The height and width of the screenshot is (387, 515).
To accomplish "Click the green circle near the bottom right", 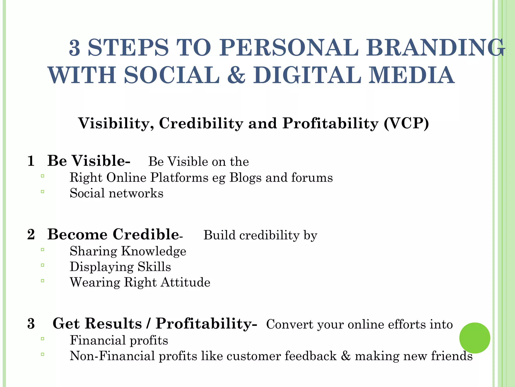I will (x=475, y=338).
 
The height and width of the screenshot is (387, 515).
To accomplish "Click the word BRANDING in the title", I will (x=435, y=48).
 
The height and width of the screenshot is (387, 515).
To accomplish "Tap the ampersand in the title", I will (x=236, y=75).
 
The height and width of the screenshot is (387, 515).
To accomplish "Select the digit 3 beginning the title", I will (x=74, y=48).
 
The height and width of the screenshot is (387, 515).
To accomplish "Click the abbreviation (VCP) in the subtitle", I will (x=406, y=123).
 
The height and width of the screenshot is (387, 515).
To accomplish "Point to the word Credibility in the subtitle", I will (x=201, y=123).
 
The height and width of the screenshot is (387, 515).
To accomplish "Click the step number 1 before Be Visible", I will (x=31, y=161).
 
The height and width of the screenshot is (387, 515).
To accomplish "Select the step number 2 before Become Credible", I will (x=31, y=235).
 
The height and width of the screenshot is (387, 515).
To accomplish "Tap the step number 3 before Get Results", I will (x=31, y=324).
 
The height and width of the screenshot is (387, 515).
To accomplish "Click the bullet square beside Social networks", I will (x=42, y=191).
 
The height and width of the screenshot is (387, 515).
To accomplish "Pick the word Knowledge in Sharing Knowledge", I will (x=154, y=251).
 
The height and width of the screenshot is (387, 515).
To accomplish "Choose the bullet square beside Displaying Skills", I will (x=42, y=265).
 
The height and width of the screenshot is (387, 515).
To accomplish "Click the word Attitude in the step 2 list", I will (x=185, y=282).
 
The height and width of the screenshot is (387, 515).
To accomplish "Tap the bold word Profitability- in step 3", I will (x=206, y=324).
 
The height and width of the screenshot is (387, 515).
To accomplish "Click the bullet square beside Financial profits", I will (x=42, y=339).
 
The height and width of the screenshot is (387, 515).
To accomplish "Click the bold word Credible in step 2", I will (x=146, y=235).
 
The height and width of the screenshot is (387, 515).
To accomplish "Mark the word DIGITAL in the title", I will (x=307, y=75).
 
